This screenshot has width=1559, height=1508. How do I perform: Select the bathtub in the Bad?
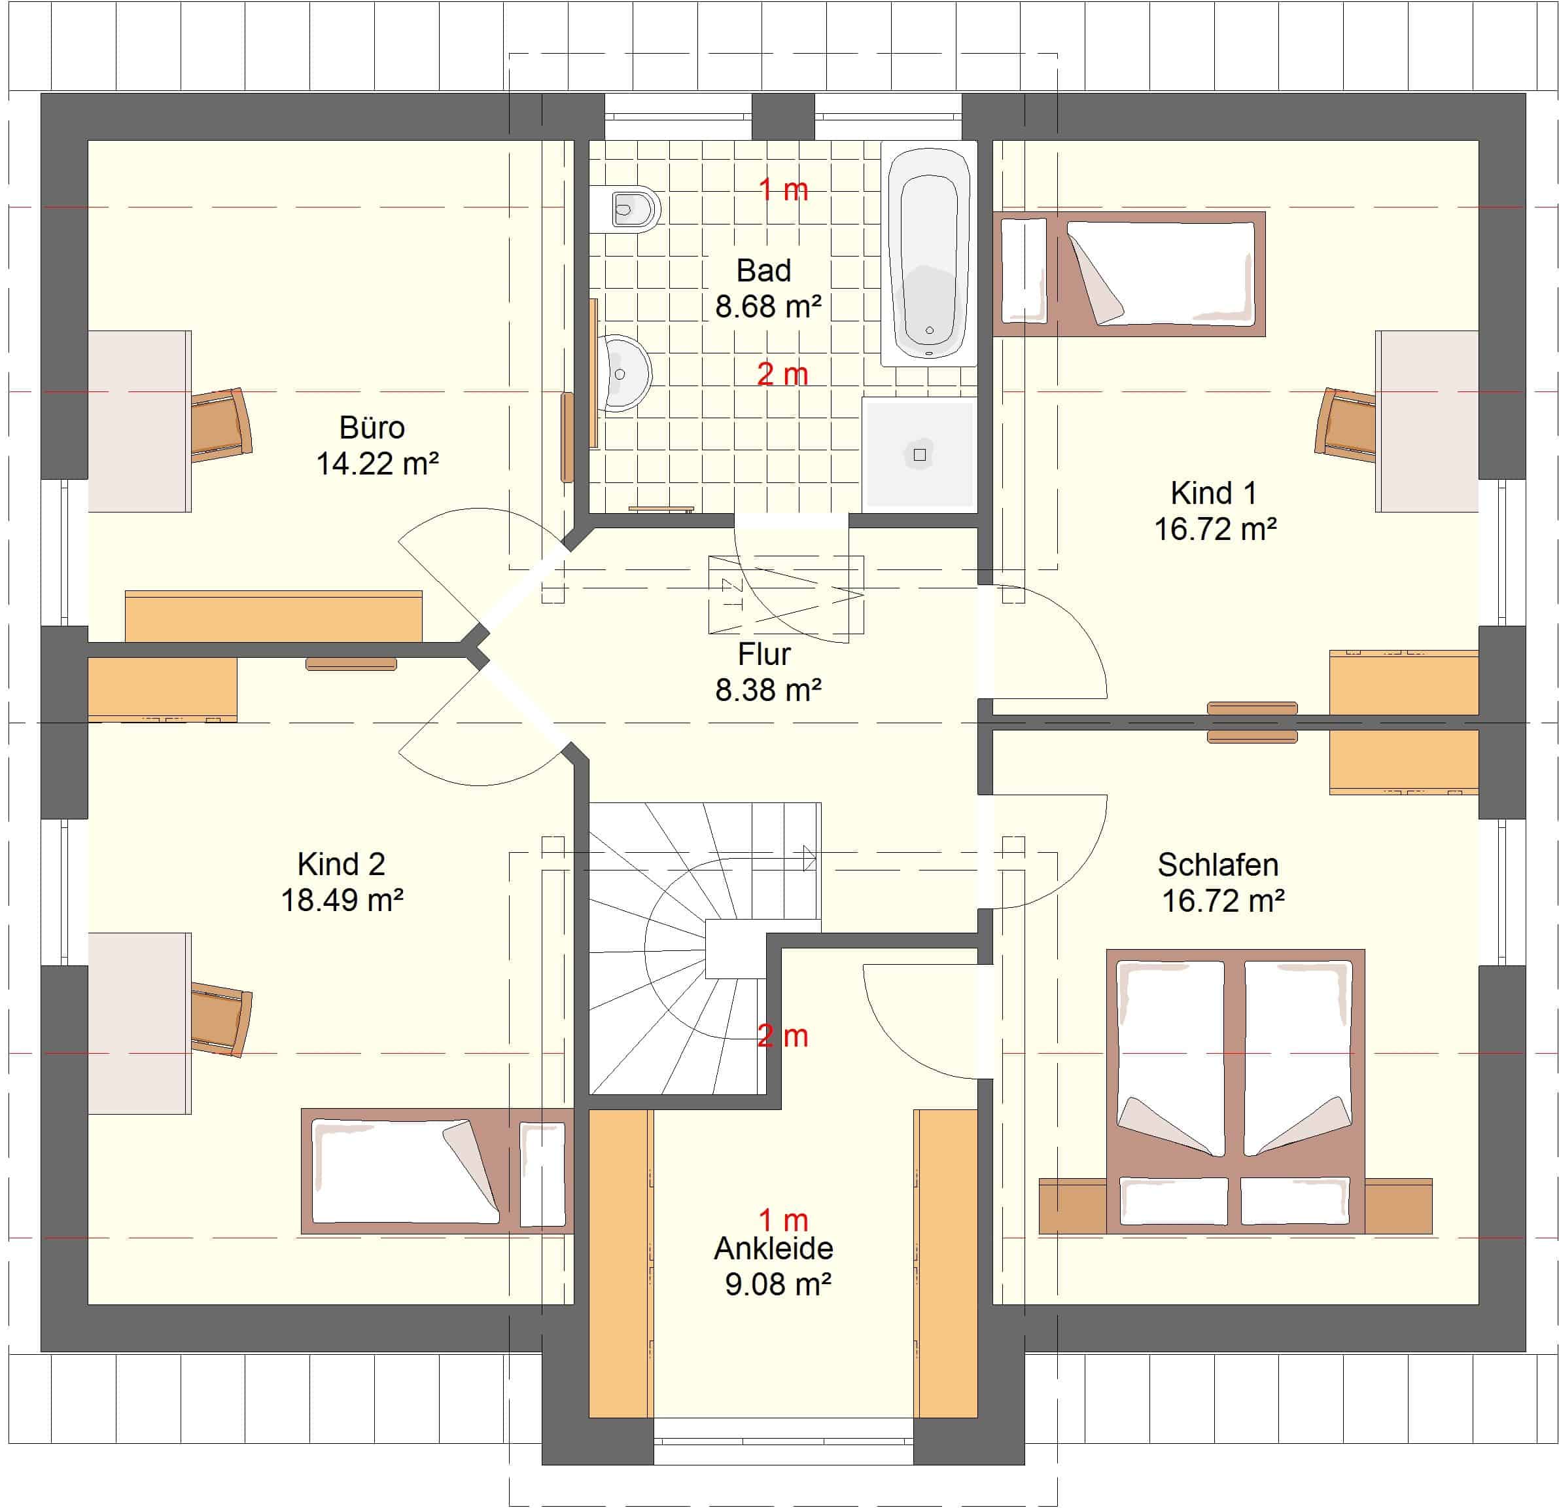point(929,254)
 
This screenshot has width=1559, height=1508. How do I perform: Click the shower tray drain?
point(919,455)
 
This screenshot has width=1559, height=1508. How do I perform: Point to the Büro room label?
point(372,428)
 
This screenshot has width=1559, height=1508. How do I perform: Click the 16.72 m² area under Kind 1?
point(1216,530)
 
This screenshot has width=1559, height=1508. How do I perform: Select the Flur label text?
point(763,654)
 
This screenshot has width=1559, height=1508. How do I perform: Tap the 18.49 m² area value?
point(342,900)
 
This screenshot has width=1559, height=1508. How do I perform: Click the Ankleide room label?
point(773,1249)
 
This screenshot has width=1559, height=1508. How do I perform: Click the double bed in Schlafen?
point(1235,1091)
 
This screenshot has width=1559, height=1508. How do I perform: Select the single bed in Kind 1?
point(1129,274)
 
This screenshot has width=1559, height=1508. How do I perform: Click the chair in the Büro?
point(222,425)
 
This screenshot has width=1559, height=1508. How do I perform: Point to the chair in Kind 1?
point(1345,425)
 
